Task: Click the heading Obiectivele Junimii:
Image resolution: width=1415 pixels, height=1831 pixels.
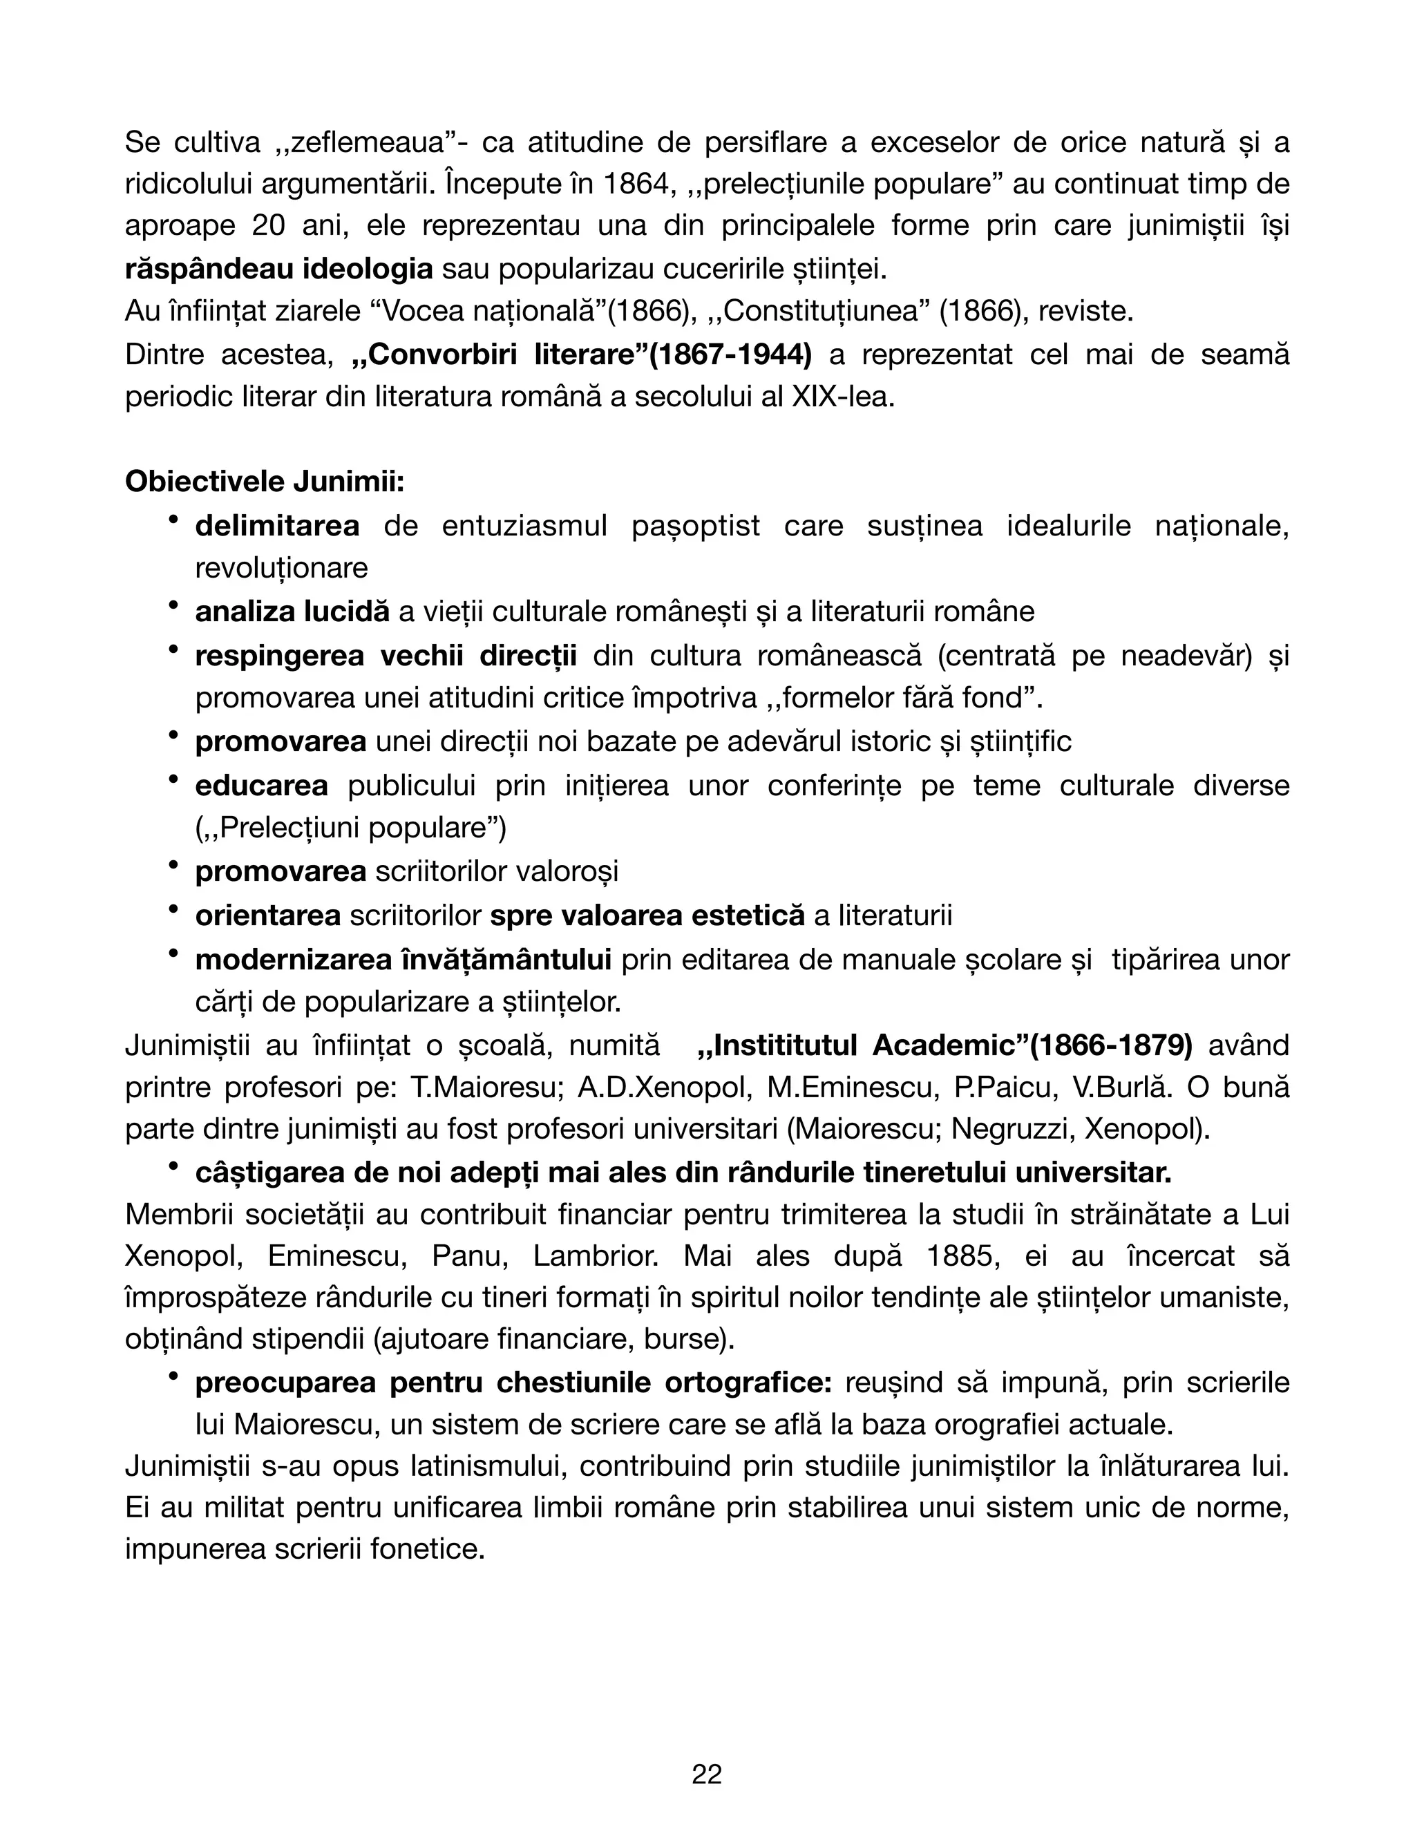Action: tap(265, 482)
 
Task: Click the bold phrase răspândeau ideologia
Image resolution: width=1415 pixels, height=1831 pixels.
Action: tap(278, 269)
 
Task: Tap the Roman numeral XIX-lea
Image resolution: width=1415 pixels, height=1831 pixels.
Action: tap(842, 397)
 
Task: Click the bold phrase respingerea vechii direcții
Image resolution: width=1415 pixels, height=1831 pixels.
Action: tap(386, 656)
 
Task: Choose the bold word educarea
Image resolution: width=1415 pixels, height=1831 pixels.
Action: tap(262, 786)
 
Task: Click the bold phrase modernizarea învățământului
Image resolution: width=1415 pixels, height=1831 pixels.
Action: tap(402, 959)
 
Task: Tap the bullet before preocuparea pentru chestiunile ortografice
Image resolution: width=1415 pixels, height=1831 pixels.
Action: tap(173, 1376)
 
